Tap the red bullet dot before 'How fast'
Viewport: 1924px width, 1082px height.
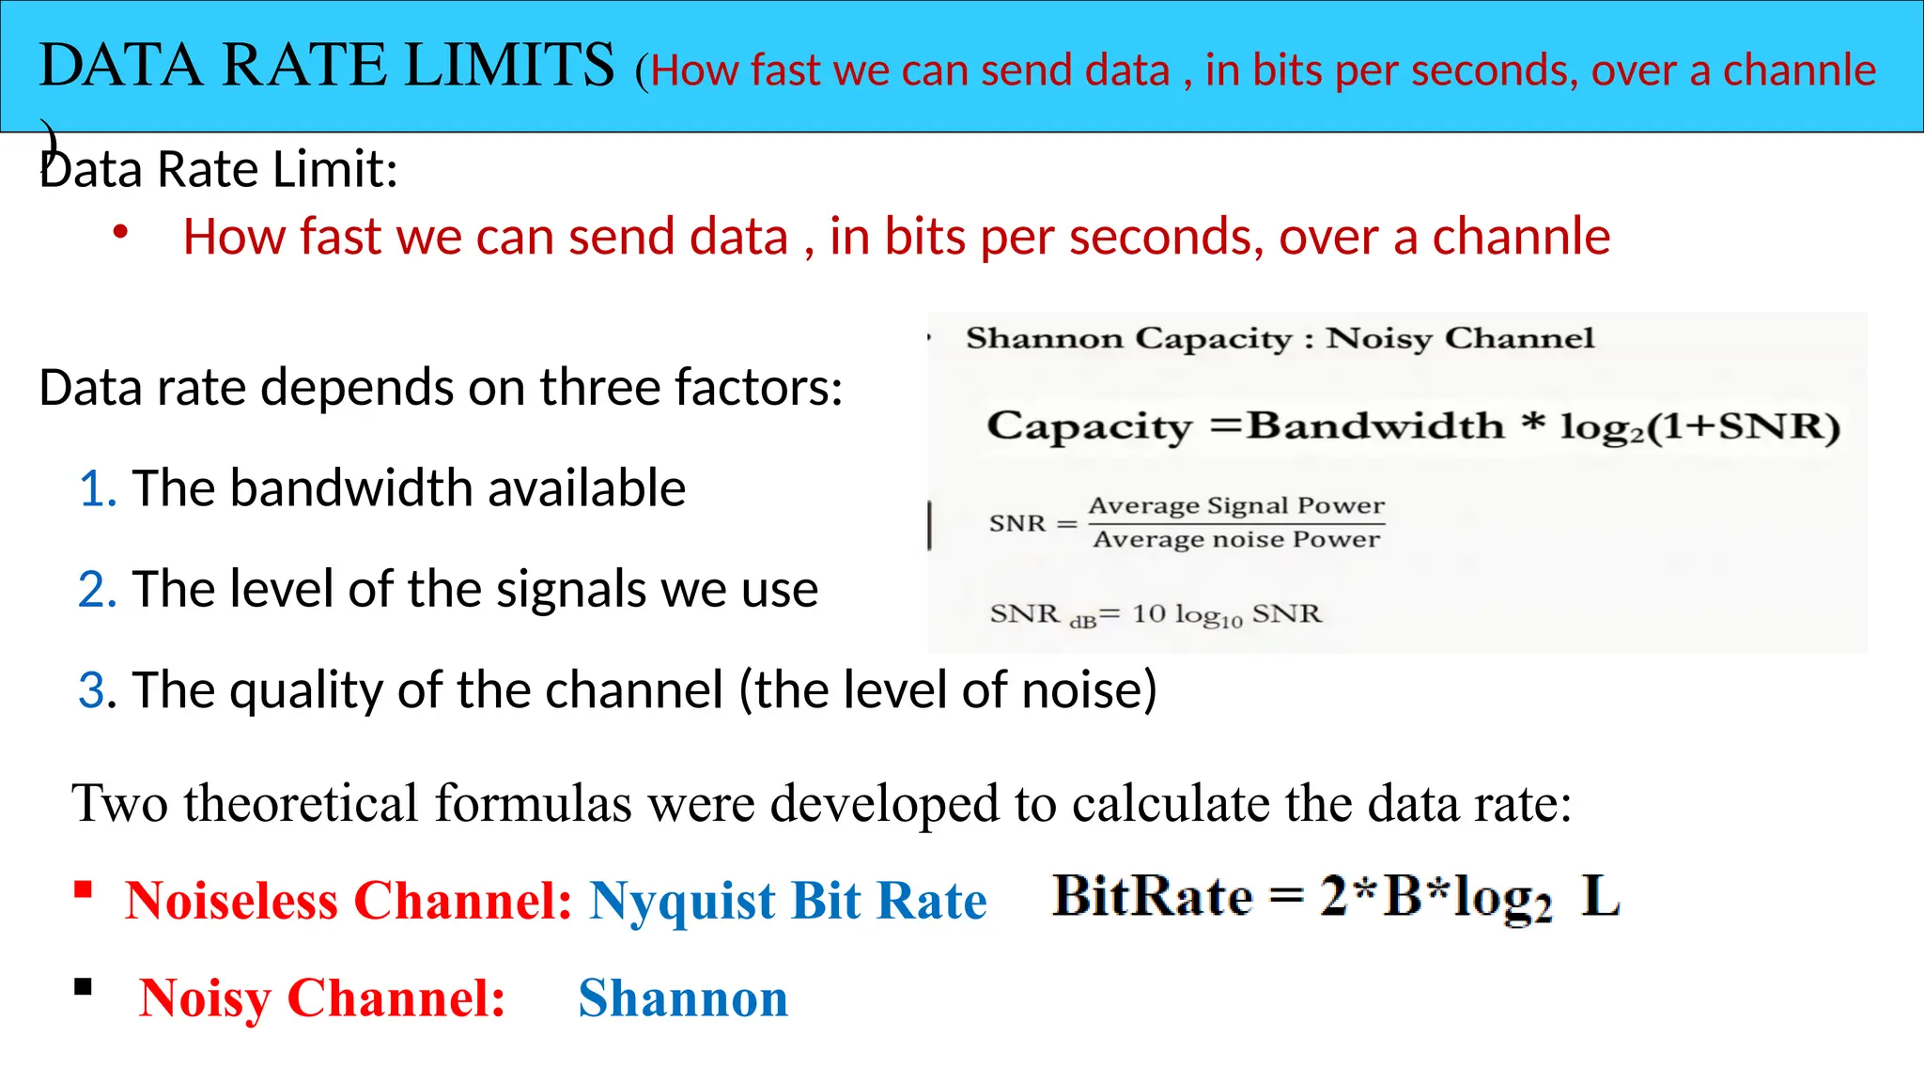tap(120, 232)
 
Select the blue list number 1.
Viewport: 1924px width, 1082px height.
tap(98, 489)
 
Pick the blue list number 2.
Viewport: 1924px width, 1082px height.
tap(98, 590)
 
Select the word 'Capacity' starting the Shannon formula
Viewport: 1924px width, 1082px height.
tap(1089, 426)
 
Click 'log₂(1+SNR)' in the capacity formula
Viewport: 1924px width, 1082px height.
tap(1699, 427)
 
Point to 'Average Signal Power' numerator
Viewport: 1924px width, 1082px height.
tap(1236, 505)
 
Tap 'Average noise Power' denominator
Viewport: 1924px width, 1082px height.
tap(1236, 539)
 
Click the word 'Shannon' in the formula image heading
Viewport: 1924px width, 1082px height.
tap(1044, 338)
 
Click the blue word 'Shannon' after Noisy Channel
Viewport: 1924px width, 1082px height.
tap(683, 997)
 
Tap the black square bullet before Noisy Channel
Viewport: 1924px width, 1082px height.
tap(84, 987)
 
